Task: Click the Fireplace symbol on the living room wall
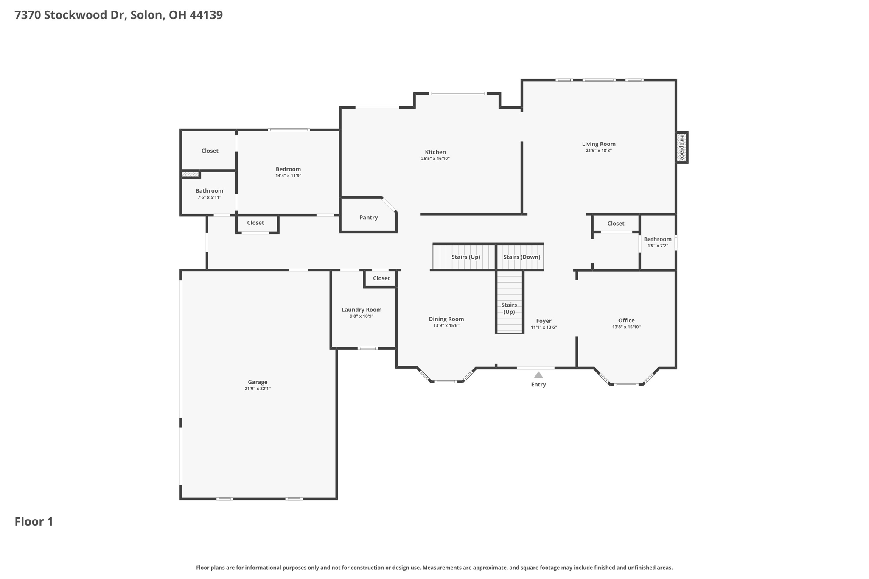coord(682,147)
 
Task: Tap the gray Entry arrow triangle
coord(538,375)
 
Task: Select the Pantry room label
coord(368,218)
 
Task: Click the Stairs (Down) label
coord(522,257)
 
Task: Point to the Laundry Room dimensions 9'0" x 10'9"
coord(362,316)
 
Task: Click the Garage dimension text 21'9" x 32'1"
coord(258,389)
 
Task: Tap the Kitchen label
coord(435,152)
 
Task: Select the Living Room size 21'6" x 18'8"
coord(599,151)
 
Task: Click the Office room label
coord(626,320)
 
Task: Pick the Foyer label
coord(544,321)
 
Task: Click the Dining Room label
coord(446,319)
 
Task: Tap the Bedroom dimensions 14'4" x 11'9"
coord(288,176)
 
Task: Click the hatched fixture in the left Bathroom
coord(191,174)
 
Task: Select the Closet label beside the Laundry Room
coord(381,278)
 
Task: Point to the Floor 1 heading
coord(34,522)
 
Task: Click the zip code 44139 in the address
coord(206,15)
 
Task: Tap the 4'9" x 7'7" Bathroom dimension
coord(658,246)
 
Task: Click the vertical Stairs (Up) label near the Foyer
coord(509,308)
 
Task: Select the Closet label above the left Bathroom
coord(210,151)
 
